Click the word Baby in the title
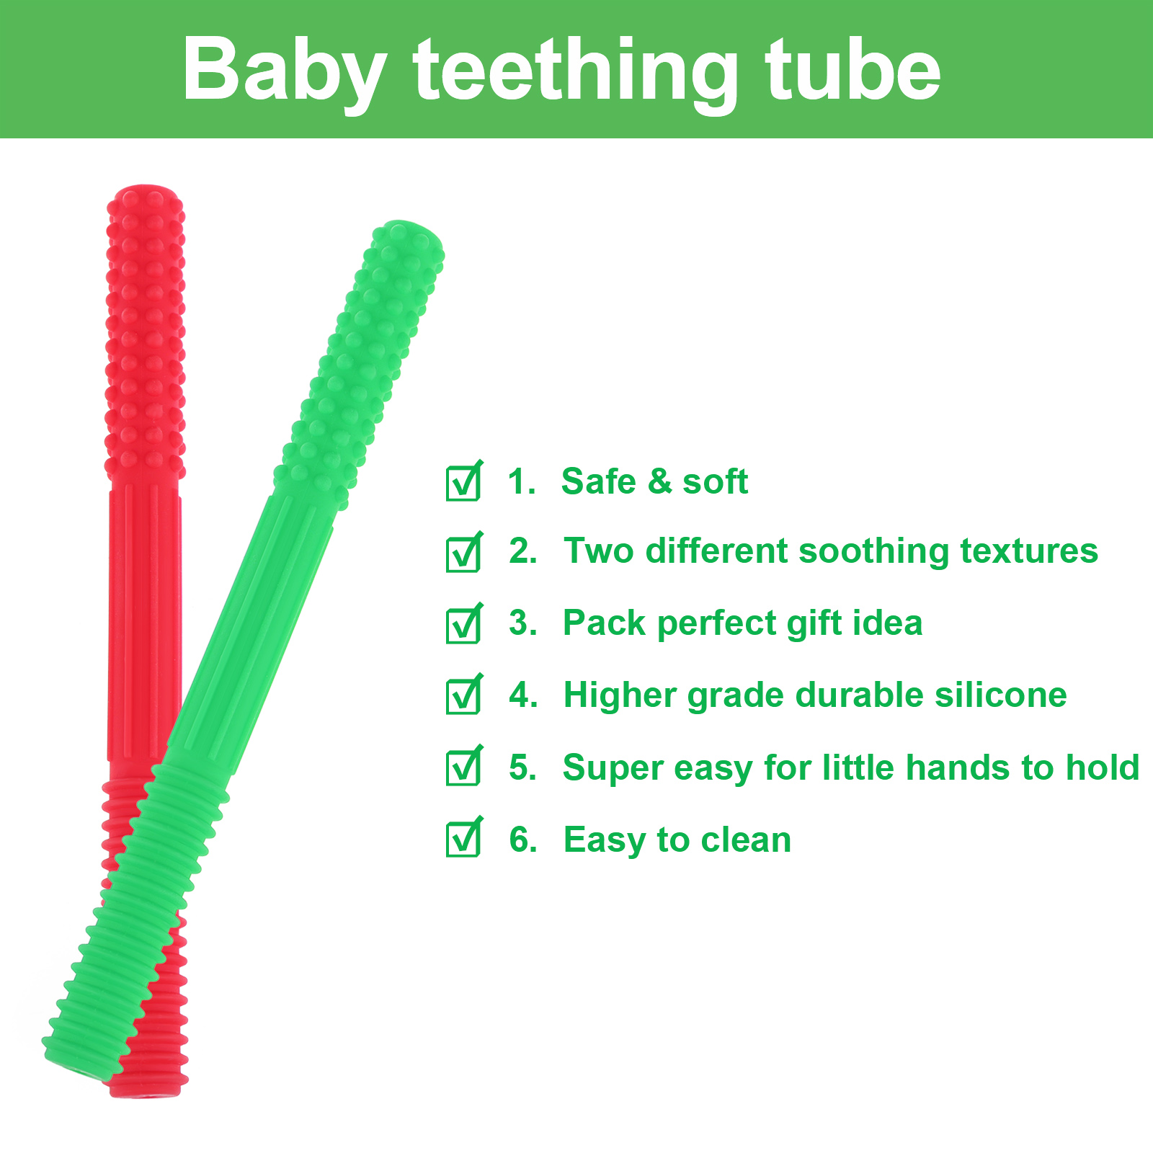coord(284,71)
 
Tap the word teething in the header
coord(575,71)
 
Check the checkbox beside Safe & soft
coord(464,480)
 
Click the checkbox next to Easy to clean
coord(464,837)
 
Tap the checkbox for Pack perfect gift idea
coord(464,623)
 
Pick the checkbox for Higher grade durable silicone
coord(464,694)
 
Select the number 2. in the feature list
coord(523,551)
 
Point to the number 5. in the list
coord(523,767)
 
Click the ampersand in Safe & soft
coord(659,481)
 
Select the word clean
coord(746,840)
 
